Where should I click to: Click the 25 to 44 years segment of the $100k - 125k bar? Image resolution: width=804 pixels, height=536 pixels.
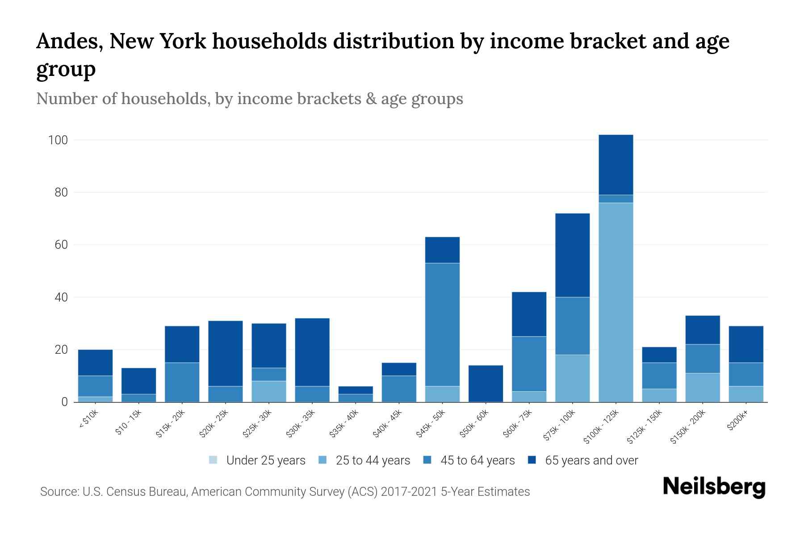tap(616, 302)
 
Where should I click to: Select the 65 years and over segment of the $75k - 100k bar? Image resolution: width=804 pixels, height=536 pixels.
tap(572, 255)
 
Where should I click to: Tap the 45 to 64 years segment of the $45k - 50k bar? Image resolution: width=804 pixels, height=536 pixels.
tap(442, 325)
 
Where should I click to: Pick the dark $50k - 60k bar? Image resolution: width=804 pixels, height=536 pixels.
tap(486, 383)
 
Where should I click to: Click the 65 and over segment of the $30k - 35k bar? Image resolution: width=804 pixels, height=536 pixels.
tap(312, 352)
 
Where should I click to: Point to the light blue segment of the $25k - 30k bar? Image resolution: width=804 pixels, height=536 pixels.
tap(269, 391)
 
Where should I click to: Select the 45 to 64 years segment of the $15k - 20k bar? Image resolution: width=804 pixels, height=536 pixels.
tap(182, 382)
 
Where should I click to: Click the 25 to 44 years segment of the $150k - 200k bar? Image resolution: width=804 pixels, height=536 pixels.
tap(703, 387)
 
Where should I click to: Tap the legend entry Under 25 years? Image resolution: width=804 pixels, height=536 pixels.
tap(265, 461)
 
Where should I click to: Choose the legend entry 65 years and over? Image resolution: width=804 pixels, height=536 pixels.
tap(591, 461)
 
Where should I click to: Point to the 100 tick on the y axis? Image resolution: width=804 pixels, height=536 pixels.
tap(58, 140)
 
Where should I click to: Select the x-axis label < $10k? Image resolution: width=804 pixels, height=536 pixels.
tap(88, 420)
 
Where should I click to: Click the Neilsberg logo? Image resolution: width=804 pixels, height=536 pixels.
tap(714, 487)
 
